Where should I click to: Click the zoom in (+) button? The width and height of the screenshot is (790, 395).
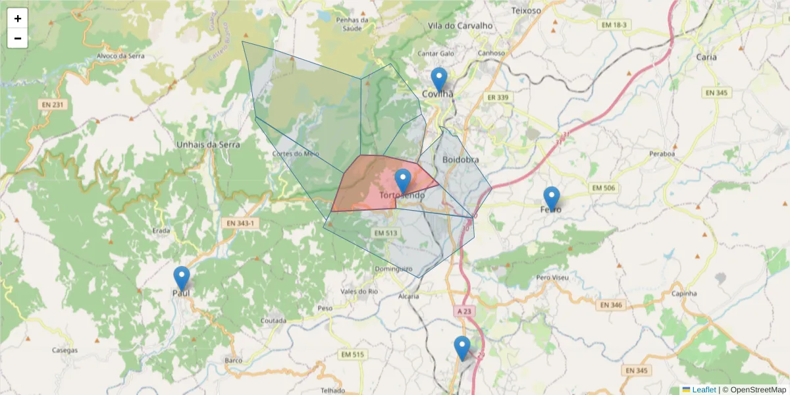pyautogui.click(x=18, y=18)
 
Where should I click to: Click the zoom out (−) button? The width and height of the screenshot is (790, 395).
pyautogui.click(x=18, y=38)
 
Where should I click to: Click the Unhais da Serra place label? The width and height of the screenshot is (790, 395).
pyautogui.click(x=208, y=144)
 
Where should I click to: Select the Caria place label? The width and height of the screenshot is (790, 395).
pyautogui.click(x=706, y=57)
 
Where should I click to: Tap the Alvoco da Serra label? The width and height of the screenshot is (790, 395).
pyautogui.click(x=120, y=56)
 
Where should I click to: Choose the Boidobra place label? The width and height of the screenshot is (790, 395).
pyautogui.click(x=461, y=159)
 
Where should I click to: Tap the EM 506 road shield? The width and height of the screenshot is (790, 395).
pyautogui.click(x=604, y=189)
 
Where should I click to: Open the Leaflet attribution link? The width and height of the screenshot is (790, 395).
pyautogui.click(x=703, y=390)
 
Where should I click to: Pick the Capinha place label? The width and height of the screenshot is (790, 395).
pyautogui.click(x=685, y=293)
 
